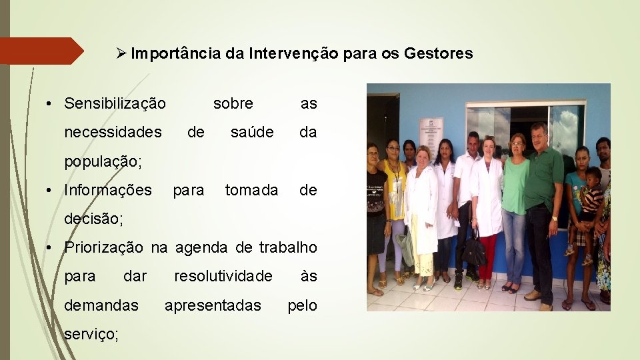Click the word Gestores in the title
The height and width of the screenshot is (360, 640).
pyautogui.click(x=438, y=53)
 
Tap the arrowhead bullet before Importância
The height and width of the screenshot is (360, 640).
pyautogui.click(x=121, y=53)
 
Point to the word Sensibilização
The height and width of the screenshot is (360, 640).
pyautogui.click(x=115, y=103)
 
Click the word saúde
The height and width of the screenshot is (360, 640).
pyautogui.click(x=252, y=133)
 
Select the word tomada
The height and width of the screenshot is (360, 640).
pyautogui.click(x=251, y=191)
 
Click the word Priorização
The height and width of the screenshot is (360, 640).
pyautogui.click(x=103, y=247)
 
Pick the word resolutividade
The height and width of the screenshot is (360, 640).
pyautogui.click(x=223, y=276)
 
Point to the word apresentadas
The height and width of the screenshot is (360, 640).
pyautogui.click(x=213, y=305)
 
